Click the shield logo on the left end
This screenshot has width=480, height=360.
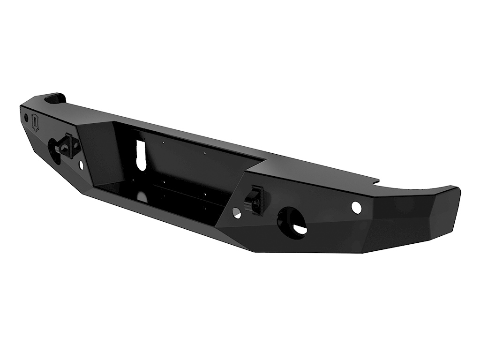coord(36,124)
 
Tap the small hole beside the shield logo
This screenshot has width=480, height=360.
coord(26,117)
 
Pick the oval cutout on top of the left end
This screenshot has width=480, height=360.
coord(56,98)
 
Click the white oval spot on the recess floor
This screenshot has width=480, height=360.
coord(142,197)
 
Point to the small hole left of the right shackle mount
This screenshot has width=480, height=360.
coord(236,214)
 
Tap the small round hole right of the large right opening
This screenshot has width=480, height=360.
coord(357,208)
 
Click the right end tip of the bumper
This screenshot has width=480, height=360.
coord(457,190)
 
